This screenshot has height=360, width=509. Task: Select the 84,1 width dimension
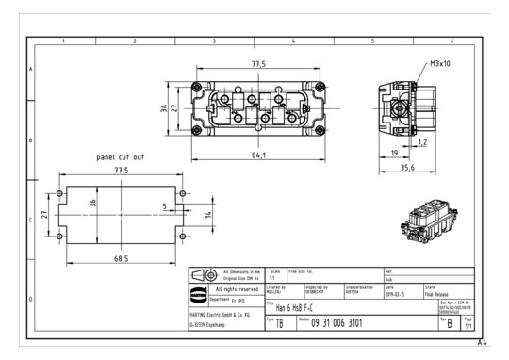(x=258, y=155)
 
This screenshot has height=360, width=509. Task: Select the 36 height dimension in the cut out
(x=92, y=203)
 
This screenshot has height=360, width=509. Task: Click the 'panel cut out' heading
(x=120, y=156)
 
